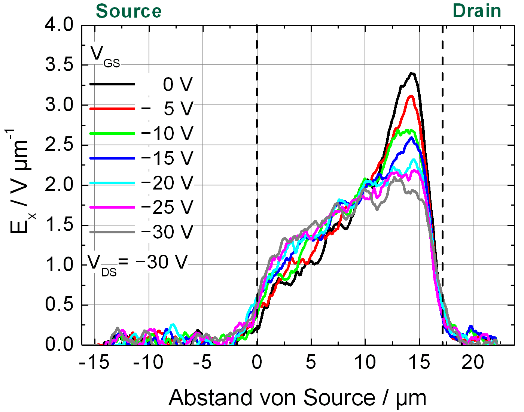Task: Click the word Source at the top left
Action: click(129, 11)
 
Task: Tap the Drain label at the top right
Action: click(477, 11)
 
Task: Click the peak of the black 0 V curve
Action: click(412, 73)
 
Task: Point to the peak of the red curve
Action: click(411, 96)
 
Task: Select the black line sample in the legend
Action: click(112, 84)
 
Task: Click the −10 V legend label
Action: click(167, 133)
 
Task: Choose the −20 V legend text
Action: click(167, 183)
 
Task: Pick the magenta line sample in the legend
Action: click(112, 207)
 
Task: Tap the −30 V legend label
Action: click(167, 232)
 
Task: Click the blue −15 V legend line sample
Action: click(112, 158)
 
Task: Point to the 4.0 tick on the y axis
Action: click(60, 25)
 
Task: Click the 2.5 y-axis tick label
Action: click(60, 145)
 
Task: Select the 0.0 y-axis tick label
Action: click(60, 345)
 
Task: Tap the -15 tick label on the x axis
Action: click(94, 363)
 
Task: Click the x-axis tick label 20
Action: click(473, 363)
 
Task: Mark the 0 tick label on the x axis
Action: click(257, 363)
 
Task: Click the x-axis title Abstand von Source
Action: click(298, 398)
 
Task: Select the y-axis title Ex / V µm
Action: click(21, 182)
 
